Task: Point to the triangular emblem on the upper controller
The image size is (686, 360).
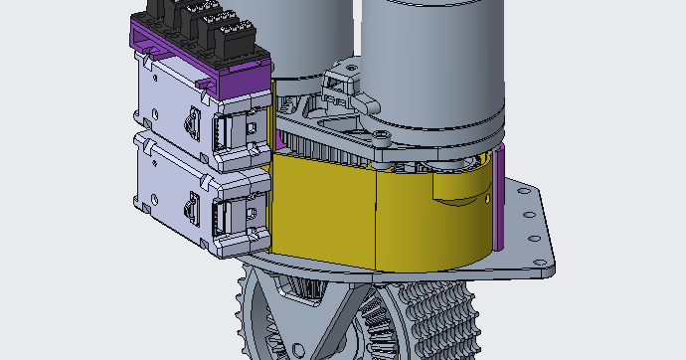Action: tap(190, 123)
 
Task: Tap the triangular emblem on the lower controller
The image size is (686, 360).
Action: tap(190, 208)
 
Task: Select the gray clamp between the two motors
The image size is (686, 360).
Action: tap(343, 80)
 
